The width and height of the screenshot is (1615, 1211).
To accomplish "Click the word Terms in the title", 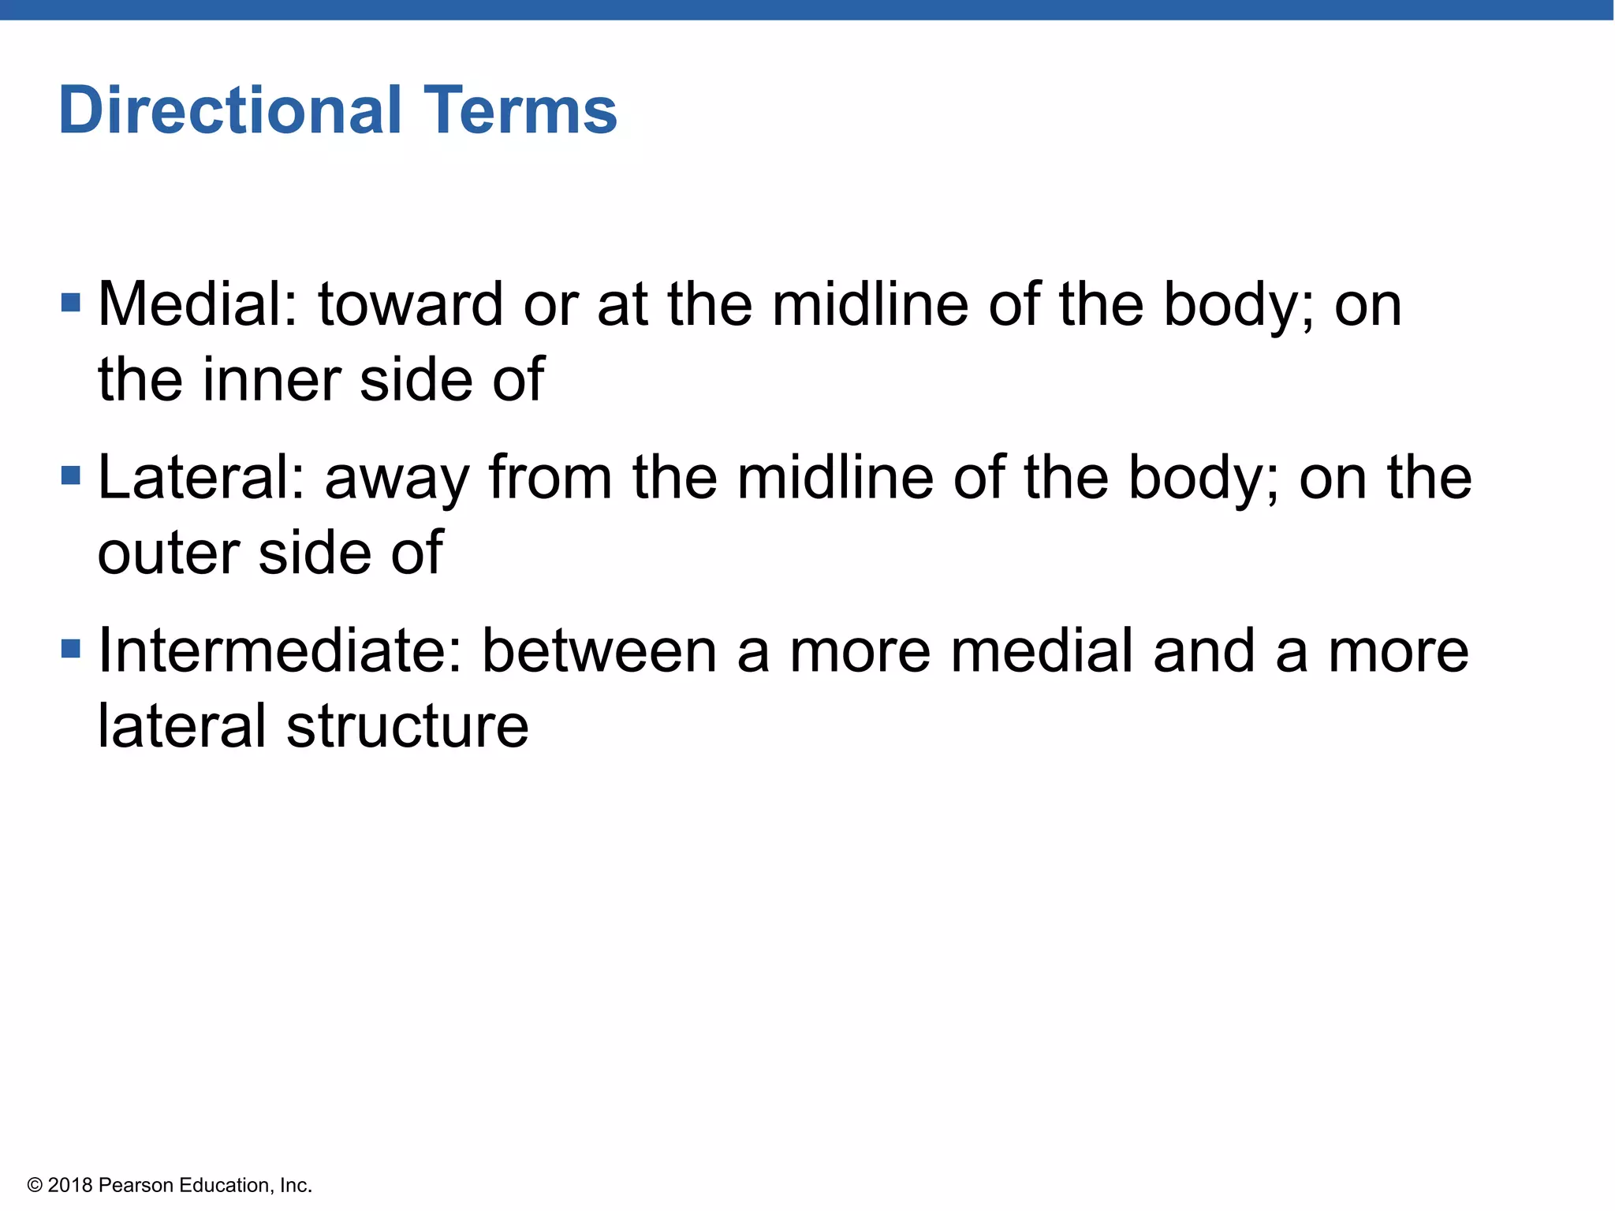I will click(x=520, y=110).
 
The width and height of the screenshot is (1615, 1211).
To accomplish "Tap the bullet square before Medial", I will click(x=71, y=302).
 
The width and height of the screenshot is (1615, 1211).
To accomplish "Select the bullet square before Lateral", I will click(x=71, y=475).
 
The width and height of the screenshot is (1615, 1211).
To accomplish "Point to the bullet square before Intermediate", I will click(x=71, y=649).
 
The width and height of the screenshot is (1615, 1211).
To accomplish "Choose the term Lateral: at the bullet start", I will click(x=201, y=478).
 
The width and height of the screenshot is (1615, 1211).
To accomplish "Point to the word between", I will click(x=599, y=651).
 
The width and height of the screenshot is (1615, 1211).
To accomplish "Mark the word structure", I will click(x=407, y=726).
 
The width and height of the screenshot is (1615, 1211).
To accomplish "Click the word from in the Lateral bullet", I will click(x=550, y=478).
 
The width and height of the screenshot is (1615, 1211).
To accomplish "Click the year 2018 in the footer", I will click(x=70, y=1185).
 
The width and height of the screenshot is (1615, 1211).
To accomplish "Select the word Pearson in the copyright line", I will click(x=136, y=1185).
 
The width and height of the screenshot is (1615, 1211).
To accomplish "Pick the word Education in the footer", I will click(x=224, y=1185).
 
